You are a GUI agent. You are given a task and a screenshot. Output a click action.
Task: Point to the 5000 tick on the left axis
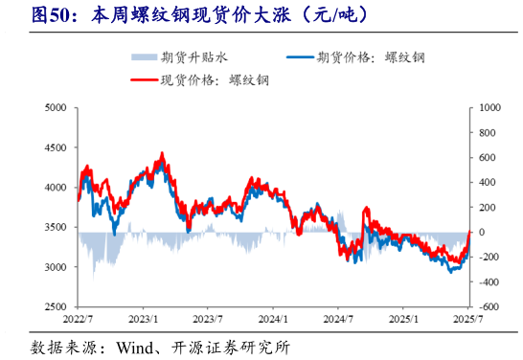(54, 109)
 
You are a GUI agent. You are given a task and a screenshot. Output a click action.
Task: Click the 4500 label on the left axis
(54, 148)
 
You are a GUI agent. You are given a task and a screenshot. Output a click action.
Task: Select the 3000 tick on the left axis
(54, 267)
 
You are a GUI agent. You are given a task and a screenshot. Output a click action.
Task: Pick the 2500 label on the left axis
(54, 306)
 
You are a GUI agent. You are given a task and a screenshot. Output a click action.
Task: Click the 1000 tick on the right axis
(489, 109)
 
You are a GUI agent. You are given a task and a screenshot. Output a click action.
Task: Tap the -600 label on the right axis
(489, 306)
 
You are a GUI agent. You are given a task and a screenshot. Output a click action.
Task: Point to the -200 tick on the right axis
(489, 258)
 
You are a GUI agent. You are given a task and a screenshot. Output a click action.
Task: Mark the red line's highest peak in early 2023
(161, 153)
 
